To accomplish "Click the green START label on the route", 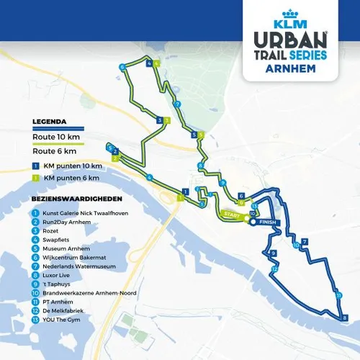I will tap(230, 215).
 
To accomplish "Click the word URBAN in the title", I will tap(286, 37).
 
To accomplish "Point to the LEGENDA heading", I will tap(50, 121).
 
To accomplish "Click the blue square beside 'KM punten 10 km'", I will tap(35, 166).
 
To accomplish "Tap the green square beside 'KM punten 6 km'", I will tap(35, 177).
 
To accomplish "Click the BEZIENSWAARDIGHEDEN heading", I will tap(76, 197).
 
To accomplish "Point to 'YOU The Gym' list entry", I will tap(60, 320).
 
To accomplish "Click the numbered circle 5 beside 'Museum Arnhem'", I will tap(35, 248).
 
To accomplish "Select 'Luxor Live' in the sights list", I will tap(58, 275).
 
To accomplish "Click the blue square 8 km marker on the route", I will tap(344, 317).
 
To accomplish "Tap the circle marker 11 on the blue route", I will tap(338, 295).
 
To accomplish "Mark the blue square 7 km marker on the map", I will tap(305, 241).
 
